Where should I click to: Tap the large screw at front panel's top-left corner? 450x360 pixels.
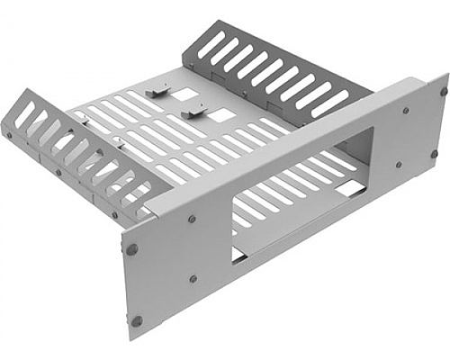[x=132, y=249]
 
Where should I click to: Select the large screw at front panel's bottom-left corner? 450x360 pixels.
[x=137, y=320]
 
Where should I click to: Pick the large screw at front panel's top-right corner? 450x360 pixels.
[x=443, y=90]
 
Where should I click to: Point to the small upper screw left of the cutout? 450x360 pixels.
[x=191, y=218]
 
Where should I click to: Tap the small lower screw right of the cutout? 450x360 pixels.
[x=399, y=166]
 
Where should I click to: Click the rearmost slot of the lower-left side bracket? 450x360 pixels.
[x=24, y=114]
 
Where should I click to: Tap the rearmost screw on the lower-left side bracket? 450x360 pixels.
[x=9, y=135]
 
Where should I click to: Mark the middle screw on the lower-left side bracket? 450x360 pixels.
[x=59, y=173]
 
